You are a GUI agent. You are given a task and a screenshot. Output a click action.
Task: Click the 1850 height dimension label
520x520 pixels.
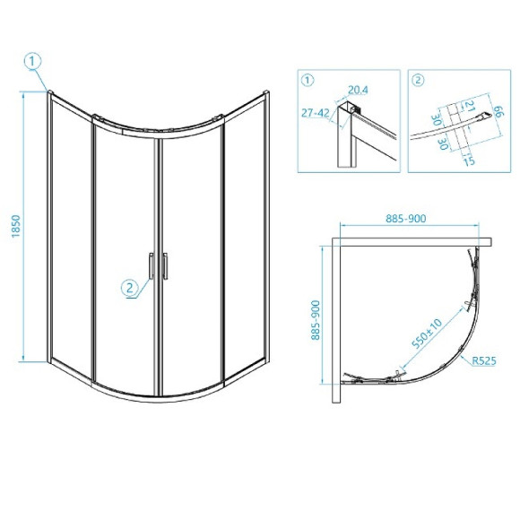tap(16, 226)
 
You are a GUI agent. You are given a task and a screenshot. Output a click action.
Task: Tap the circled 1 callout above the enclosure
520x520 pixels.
tap(32, 62)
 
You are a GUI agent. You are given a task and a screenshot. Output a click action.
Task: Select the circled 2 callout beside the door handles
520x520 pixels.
tap(130, 287)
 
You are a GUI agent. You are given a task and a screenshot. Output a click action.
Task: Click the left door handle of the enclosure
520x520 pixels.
tap(151, 266)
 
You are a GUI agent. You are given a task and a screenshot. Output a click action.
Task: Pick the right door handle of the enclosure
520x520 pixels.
tap(165, 266)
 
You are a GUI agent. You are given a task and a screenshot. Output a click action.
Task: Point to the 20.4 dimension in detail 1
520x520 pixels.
tap(358, 90)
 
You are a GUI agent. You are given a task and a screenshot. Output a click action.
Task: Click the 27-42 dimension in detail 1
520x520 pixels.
tap(316, 113)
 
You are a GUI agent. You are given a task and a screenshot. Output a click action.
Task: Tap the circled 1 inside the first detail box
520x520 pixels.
tap(308, 81)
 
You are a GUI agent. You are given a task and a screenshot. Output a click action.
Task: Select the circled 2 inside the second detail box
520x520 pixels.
tap(418, 81)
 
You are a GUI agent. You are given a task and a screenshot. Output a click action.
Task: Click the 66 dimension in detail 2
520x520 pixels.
tap(498, 111)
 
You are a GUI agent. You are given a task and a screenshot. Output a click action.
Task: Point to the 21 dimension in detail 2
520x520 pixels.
tap(469, 106)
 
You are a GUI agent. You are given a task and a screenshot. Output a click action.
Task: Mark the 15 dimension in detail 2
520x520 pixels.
tap(469, 160)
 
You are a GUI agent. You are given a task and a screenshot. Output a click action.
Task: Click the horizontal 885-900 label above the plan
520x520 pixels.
tap(405, 219)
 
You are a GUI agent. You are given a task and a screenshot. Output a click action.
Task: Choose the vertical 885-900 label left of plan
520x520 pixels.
tap(316, 320)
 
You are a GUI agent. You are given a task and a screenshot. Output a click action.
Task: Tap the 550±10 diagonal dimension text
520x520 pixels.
tap(427, 334)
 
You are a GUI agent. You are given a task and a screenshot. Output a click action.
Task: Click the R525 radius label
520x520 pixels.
tap(484, 360)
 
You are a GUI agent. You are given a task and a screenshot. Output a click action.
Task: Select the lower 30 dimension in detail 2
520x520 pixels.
tap(444, 144)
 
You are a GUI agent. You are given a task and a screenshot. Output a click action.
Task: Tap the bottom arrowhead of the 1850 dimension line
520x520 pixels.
tap(23, 358)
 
